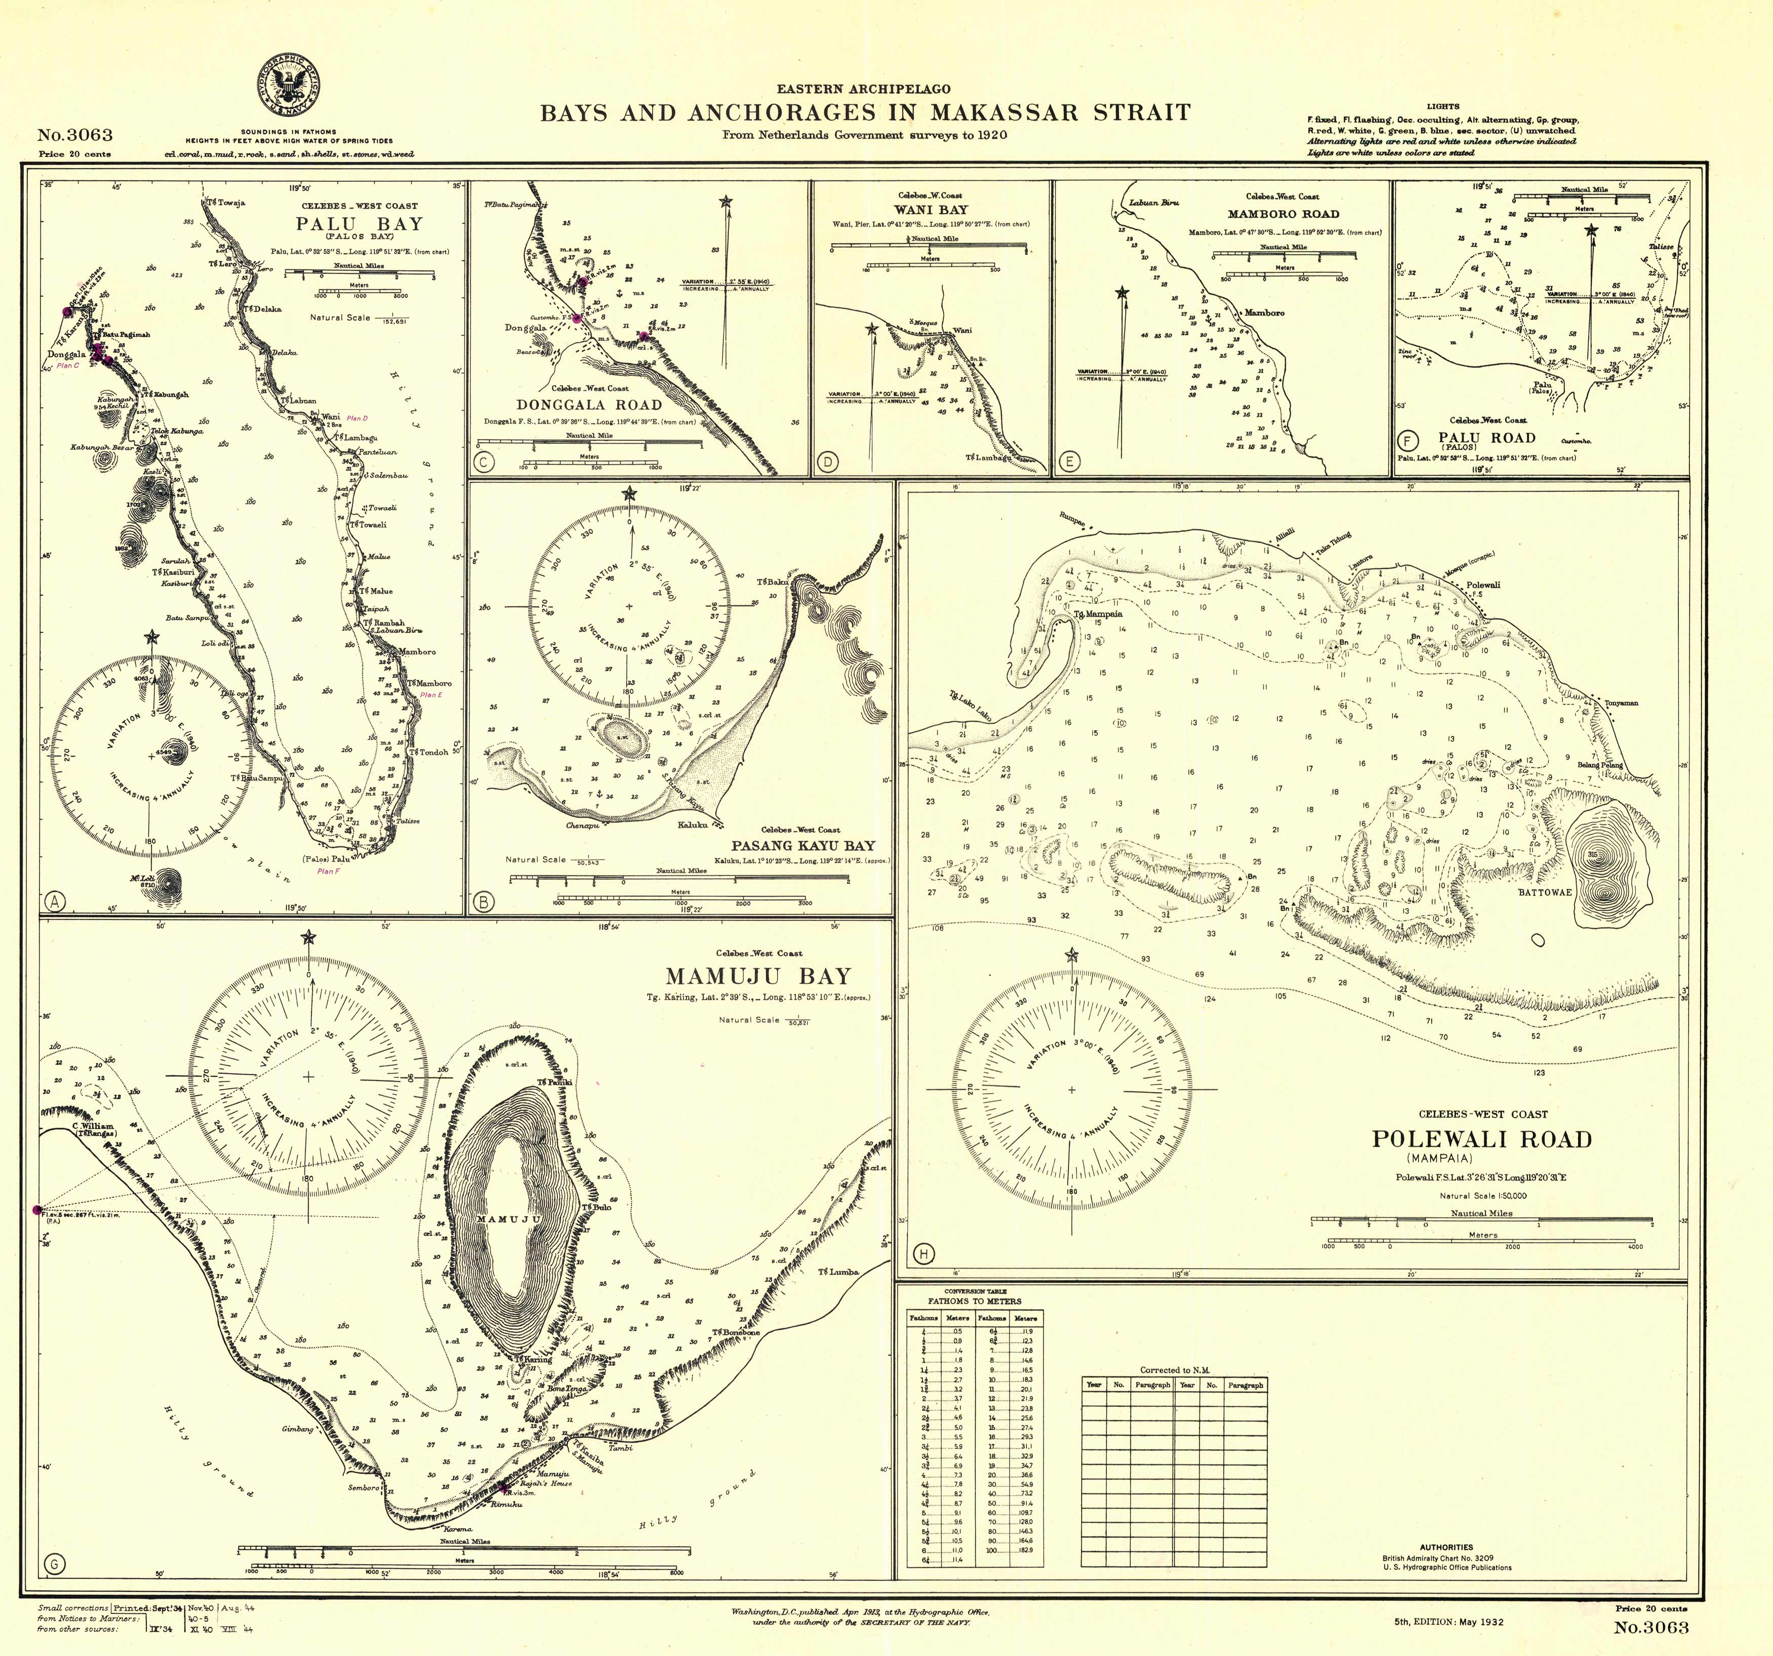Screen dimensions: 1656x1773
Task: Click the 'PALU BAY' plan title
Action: pyautogui.click(x=360, y=224)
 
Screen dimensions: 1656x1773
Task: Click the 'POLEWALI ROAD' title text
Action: pyautogui.click(x=1481, y=1140)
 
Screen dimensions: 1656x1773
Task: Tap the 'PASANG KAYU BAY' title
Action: pyautogui.click(x=803, y=845)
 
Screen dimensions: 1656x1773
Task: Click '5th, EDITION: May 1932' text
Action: pyautogui.click(x=1448, y=1621)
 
